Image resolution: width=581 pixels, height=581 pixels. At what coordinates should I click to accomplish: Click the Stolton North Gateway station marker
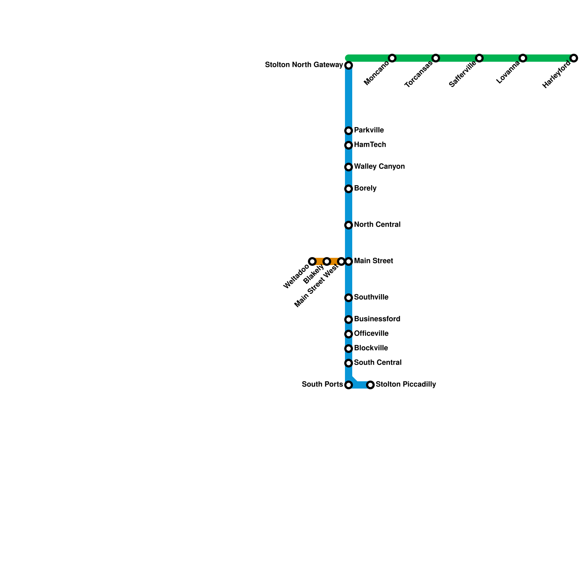coord(349,65)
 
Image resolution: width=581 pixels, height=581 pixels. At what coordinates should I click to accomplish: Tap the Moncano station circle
coord(392,58)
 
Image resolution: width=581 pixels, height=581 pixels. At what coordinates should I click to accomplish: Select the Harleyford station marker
coord(573,58)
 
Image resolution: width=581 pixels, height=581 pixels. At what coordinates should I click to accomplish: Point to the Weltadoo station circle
coord(312,261)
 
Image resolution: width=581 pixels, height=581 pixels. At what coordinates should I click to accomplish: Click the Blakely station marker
coord(327,261)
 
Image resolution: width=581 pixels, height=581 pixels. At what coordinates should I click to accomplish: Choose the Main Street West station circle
coord(341,261)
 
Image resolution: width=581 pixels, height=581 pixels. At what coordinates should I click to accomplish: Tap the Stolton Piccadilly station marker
coord(370,385)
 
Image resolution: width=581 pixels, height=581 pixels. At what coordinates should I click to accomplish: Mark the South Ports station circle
coord(349,385)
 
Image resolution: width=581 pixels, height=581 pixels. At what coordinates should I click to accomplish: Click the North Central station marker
coord(349,225)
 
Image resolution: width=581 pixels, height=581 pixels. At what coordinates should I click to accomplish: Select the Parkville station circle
coord(349,131)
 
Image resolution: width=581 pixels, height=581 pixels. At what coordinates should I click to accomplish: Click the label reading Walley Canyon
coord(379,167)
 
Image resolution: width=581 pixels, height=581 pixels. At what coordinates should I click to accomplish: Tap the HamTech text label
coord(370,145)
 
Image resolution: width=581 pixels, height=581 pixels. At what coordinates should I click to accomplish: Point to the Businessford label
coord(377,319)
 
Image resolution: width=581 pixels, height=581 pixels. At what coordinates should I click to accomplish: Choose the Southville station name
coord(371,297)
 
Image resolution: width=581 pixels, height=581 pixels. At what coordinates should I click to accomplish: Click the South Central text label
coord(378,363)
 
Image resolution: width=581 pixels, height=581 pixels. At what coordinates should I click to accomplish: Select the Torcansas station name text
coord(419,75)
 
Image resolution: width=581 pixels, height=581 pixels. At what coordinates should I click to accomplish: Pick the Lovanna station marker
coord(523,58)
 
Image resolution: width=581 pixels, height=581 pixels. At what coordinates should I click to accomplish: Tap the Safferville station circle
coord(479,58)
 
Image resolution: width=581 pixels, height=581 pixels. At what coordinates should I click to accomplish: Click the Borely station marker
coord(349,189)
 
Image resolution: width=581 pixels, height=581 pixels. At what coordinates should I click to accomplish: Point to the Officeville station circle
coord(349,334)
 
